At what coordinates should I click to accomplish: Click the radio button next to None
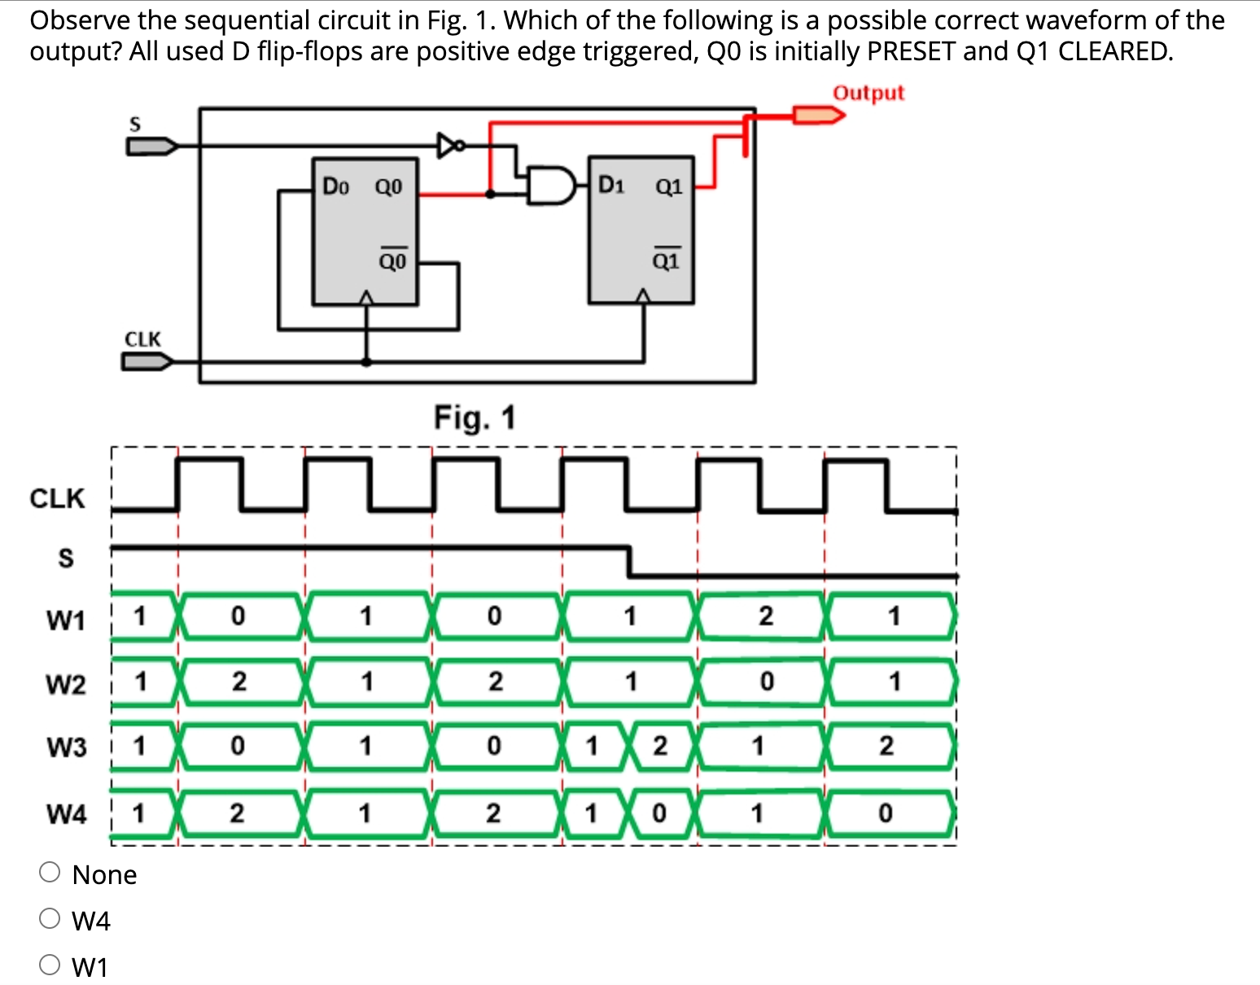(50, 873)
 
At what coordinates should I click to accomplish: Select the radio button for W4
(50, 919)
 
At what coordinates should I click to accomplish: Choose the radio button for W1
(50, 965)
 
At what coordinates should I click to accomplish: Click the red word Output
(868, 93)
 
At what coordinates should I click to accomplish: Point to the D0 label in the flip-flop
(335, 186)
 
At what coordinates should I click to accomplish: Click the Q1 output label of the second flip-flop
(668, 186)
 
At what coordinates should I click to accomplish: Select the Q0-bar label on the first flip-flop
(392, 260)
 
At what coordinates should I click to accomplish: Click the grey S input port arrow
(151, 147)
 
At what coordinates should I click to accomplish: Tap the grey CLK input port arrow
(147, 361)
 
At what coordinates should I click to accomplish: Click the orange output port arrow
(819, 115)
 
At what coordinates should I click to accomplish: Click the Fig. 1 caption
(475, 418)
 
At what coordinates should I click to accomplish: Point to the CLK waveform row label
(57, 498)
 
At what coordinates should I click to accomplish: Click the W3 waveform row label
(66, 746)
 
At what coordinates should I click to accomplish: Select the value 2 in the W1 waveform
(765, 616)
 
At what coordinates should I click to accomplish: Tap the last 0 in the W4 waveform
(885, 813)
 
